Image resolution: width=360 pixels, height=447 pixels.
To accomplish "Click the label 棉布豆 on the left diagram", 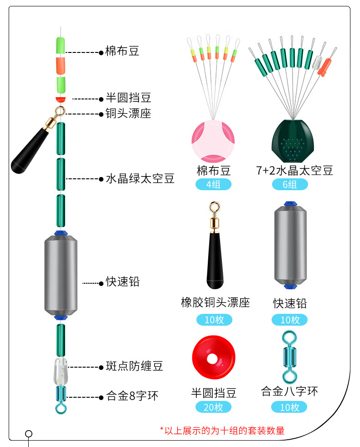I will coord(122,51).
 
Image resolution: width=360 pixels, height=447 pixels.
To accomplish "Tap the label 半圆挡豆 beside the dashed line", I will coord(128,98).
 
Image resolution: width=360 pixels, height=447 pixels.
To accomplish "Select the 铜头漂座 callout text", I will coord(128,114).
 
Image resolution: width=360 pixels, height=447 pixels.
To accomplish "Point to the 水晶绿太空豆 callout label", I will coord(140,178).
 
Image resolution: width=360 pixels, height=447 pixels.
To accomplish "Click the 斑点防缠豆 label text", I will coord(134,366).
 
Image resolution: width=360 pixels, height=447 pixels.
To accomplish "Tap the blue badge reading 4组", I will coord(213,185).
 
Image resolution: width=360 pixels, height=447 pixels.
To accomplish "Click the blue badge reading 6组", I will coord(290,185).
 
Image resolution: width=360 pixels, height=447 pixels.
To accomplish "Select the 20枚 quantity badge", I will coord(213,407).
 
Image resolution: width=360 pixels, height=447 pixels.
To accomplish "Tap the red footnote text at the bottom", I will coord(222,430).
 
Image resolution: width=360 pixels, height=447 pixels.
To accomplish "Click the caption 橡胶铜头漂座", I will coord(215,302).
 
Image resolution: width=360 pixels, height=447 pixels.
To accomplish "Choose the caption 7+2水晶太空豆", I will coord(294,171).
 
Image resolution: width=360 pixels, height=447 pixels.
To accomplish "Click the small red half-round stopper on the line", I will coord(60,99).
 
